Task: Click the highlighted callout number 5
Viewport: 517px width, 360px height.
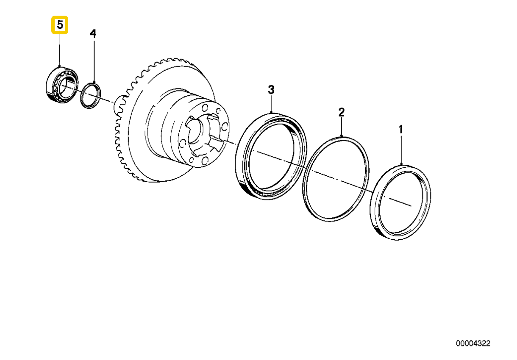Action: pyautogui.click(x=60, y=25)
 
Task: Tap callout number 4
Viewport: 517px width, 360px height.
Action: pyautogui.click(x=93, y=33)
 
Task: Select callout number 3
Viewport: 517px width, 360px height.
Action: pyautogui.click(x=271, y=89)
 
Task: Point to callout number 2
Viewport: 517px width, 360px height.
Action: pyautogui.click(x=341, y=112)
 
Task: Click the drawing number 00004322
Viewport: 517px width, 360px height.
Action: pyautogui.click(x=473, y=343)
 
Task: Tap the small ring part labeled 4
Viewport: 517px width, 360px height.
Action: pyautogui.click(x=91, y=95)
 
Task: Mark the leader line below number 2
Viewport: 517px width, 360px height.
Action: pyautogui.click(x=341, y=127)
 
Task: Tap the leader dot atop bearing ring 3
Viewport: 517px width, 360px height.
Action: pyautogui.click(x=271, y=112)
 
